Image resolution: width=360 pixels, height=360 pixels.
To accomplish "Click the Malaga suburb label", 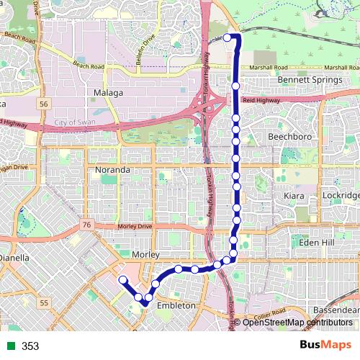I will (x=109, y=93).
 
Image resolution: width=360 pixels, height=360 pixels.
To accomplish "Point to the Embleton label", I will (x=176, y=305).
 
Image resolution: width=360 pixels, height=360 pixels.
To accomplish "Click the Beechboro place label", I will (x=288, y=135).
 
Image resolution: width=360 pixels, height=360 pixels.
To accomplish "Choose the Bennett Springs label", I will (x=309, y=79).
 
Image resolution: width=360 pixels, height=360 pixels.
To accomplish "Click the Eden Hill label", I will (x=317, y=243).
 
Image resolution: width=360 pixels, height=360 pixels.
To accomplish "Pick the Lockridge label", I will (x=341, y=196).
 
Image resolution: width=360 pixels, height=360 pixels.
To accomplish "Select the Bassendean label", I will (x=337, y=310).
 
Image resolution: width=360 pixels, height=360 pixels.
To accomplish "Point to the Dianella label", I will (x=14, y=257).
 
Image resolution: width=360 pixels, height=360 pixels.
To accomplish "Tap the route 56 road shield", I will (x=45, y=104).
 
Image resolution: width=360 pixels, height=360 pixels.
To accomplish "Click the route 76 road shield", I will (x=86, y=225).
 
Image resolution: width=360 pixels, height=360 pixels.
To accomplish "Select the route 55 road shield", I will (x=45, y=303).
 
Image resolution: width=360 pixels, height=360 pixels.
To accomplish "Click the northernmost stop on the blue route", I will (x=228, y=37).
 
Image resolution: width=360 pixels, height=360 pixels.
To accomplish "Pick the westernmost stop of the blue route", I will (x=122, y=280).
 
